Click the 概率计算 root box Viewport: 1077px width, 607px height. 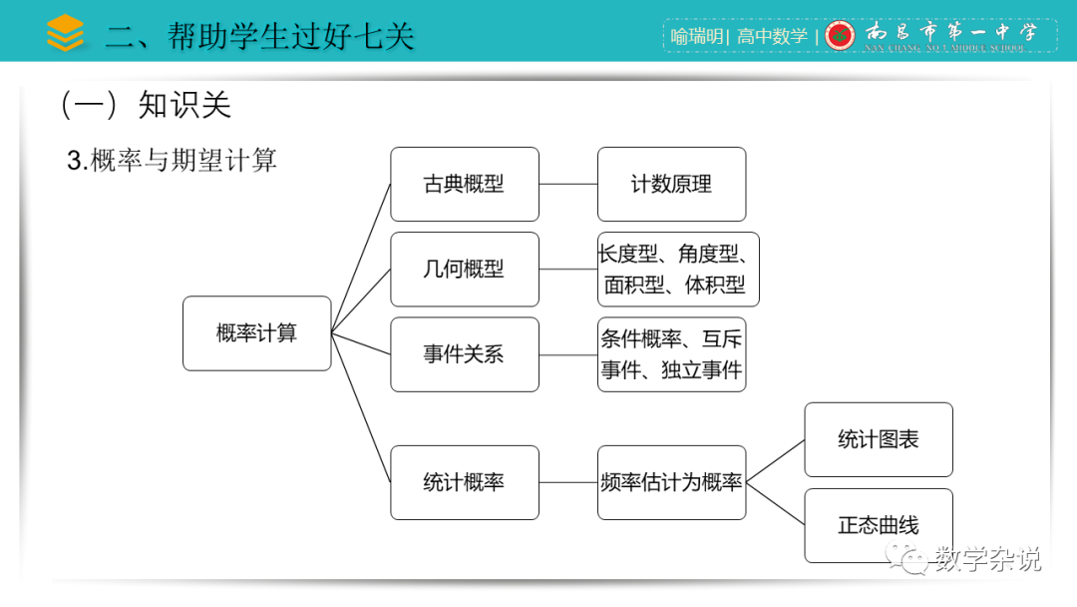(256, 333)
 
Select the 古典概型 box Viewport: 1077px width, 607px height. (464, 185)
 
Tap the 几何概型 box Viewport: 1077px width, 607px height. (464, 270)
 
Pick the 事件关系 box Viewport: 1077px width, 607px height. (464, 354)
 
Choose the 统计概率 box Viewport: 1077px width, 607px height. (464, 482)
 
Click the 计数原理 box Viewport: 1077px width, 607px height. (671, 185)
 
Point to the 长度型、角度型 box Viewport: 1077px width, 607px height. (678, 270)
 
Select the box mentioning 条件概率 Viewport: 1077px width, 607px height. (671, 354)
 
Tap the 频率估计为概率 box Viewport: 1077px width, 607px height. (671, 482)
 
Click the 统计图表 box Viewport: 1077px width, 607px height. (879, 439)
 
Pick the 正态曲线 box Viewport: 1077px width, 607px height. (879, 525)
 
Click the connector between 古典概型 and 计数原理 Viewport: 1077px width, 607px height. (568, 185)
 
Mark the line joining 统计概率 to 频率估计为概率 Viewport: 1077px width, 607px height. (568, 482)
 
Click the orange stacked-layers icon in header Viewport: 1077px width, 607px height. (66, 33)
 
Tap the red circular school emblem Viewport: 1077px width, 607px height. (841, 36)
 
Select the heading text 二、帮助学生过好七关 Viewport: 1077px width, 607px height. (260, 37)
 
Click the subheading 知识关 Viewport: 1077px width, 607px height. (184, 105)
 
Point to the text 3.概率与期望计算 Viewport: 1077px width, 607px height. (172, 160)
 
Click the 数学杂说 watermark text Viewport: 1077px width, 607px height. (987, 559)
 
